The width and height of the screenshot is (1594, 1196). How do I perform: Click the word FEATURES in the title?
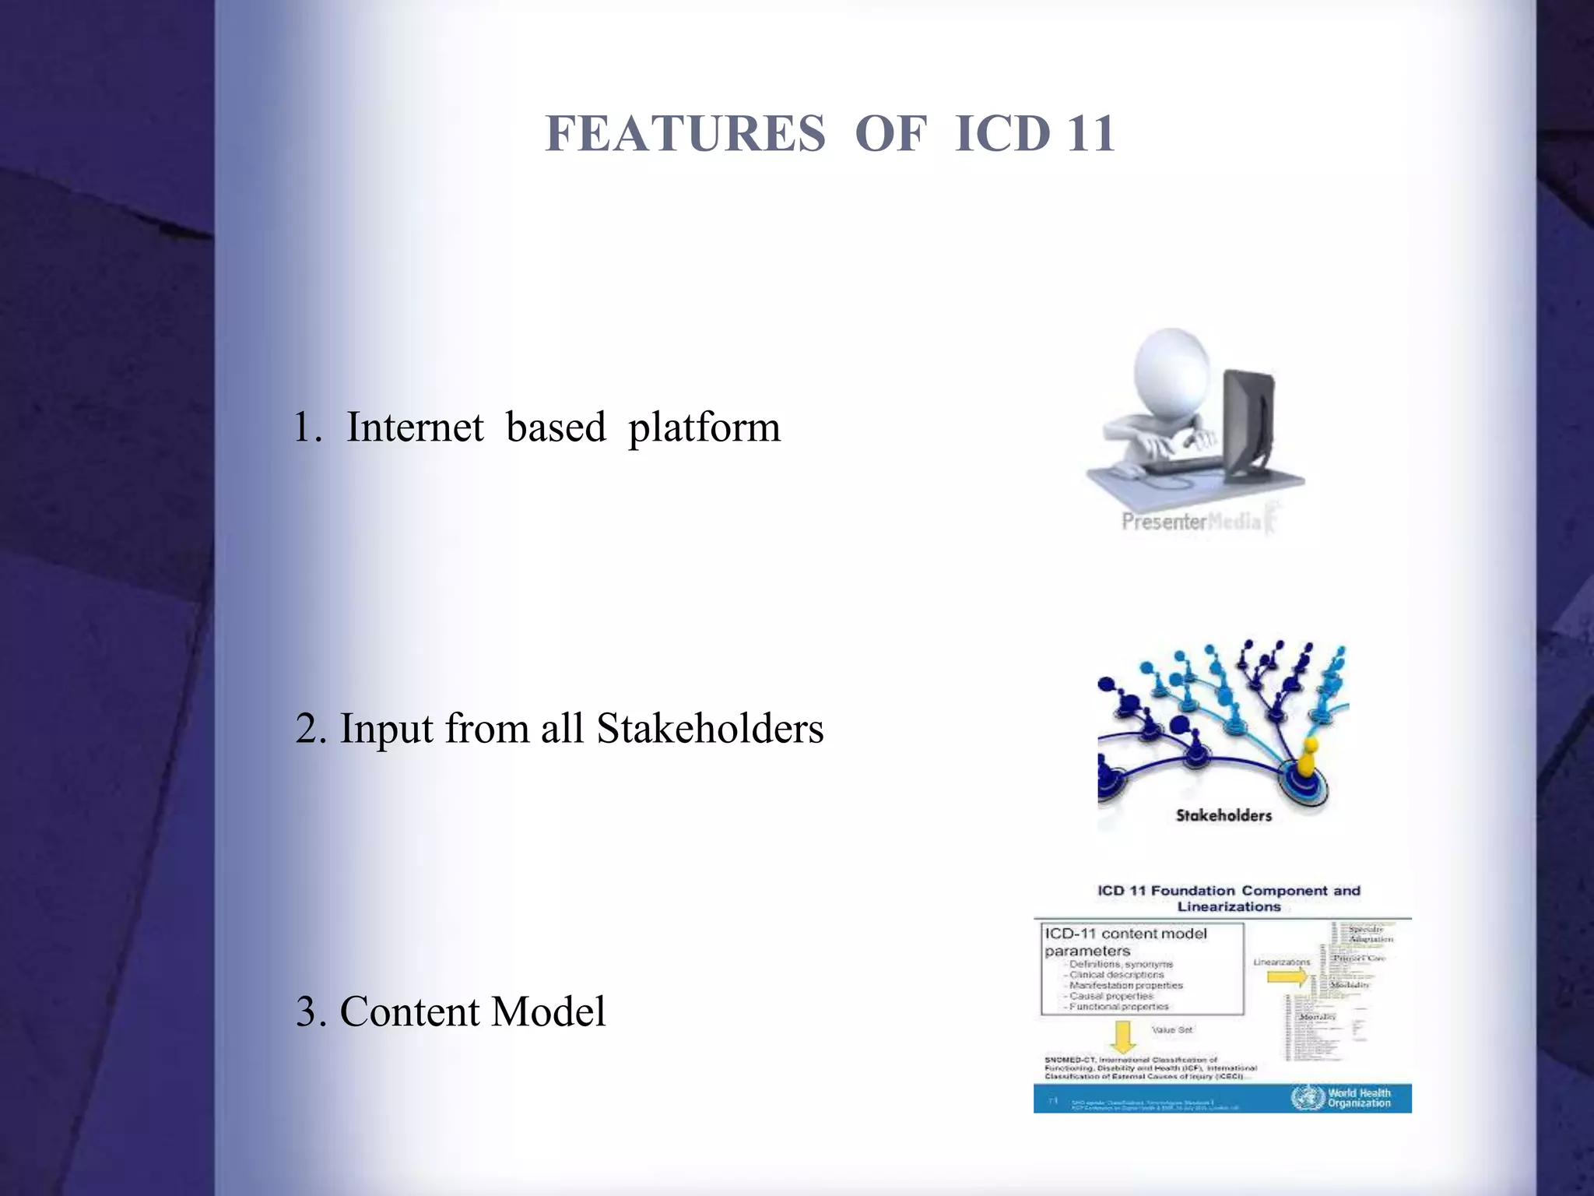(685, 133)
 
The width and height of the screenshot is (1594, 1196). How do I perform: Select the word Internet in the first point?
(414, 427)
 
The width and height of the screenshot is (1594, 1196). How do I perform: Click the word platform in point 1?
(704, 429)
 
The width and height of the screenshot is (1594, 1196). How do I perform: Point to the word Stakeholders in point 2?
(710, 729)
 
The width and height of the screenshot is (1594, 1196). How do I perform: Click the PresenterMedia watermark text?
(1191, 522)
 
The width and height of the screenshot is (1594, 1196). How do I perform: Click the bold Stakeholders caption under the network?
(1224, 815)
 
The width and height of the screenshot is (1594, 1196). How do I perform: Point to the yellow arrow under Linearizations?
(1287, 976)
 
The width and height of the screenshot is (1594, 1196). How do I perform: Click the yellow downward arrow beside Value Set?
(1122, 1036)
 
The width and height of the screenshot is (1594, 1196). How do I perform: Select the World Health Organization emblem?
(1308, 1098)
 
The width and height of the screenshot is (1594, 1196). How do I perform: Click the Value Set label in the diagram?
(1172, 1029)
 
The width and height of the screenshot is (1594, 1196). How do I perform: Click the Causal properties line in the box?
(1111, 996)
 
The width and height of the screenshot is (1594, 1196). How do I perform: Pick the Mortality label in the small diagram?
(1317, 1017)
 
